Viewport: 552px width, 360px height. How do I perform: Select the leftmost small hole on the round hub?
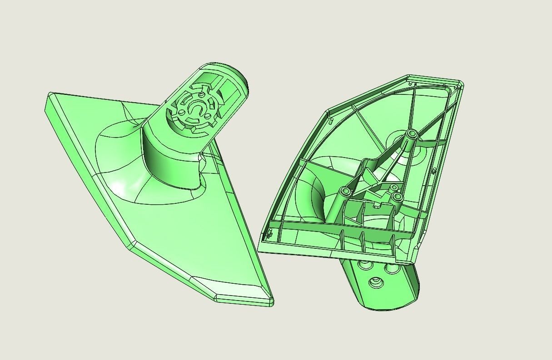tap(182, 112)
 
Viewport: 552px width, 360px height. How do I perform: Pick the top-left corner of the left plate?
tap(50, 94)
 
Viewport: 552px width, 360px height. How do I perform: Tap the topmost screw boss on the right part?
tap(412, 133)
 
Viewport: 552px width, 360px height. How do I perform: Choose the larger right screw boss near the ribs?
tap(397, 197)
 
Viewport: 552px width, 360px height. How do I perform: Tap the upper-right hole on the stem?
tap(389, 268)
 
